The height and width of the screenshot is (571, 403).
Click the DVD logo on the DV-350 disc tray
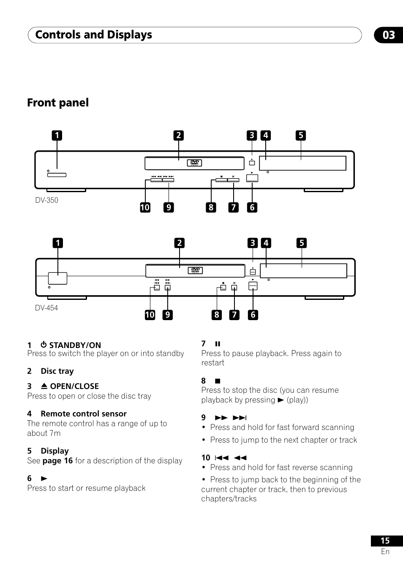195,163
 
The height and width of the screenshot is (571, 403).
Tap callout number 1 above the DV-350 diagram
57,136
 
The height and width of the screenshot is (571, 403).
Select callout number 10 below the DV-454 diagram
150,315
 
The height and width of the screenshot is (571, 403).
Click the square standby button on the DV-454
57,278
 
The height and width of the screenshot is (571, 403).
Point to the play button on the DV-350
252,178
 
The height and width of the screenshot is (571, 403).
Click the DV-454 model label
46,308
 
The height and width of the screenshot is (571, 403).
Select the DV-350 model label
47,200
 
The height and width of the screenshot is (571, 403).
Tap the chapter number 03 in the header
389,35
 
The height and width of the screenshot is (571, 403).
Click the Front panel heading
58,103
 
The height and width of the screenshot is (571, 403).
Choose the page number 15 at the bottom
385,541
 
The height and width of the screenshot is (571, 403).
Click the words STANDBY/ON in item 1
75,345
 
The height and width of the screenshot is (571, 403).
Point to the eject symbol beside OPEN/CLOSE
44,386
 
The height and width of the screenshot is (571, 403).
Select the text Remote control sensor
84,414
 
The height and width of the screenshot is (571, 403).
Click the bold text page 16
57,461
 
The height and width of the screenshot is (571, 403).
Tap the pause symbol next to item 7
218,344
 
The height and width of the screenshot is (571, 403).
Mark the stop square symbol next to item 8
218,381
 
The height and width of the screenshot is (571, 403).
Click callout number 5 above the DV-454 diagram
301,243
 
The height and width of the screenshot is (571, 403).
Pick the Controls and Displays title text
94,35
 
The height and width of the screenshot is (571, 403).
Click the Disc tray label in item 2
57,371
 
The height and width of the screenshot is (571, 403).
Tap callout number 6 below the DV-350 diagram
252,207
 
